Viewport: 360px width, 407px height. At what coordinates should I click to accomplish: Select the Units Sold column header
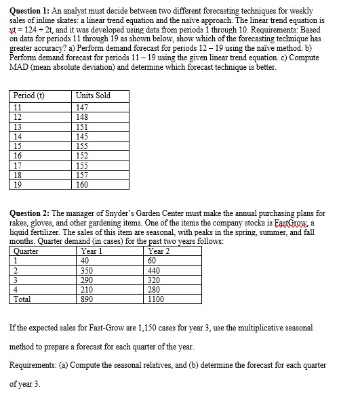coord(94,95)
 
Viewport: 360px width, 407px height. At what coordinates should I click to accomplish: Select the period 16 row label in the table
coord(19,154)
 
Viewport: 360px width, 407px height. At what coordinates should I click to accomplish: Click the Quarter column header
coord(26,250)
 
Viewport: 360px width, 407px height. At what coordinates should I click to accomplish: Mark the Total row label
coord(22,298)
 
